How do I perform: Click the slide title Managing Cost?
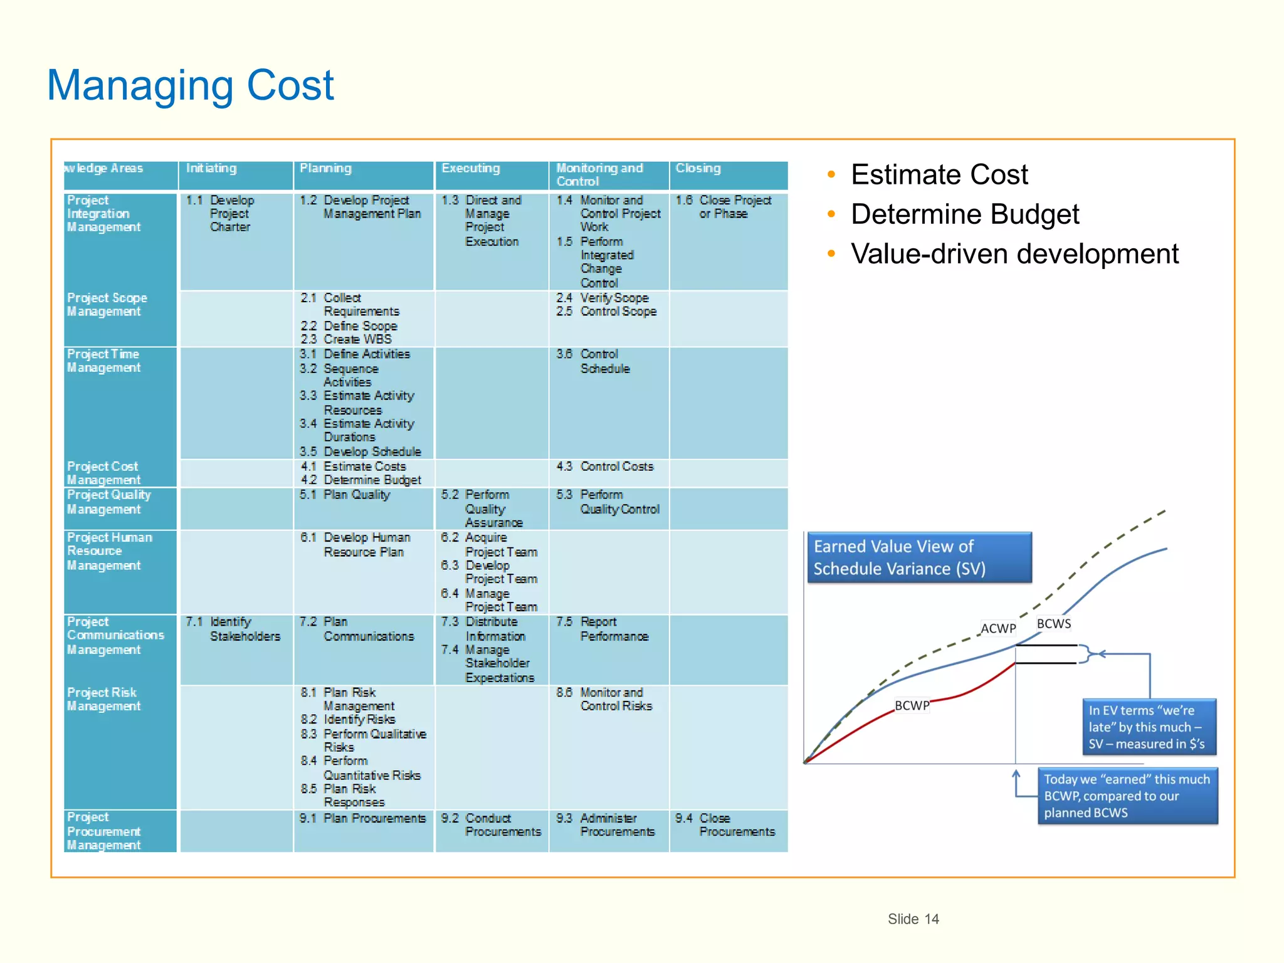191,85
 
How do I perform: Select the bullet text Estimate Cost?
939,174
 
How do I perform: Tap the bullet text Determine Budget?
964,214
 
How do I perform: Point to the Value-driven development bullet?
1014,254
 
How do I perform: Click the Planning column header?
325,168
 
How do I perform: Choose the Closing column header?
698,168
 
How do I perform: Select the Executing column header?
470,168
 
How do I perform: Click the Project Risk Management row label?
103,699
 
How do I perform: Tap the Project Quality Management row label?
108,502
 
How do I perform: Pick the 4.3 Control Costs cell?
605,466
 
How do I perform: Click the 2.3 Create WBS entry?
346,339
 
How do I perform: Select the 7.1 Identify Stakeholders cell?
233,629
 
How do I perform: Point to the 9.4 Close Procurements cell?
725,825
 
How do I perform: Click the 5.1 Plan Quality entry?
345,495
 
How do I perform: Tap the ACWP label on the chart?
997,628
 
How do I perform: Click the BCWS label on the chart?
1053,624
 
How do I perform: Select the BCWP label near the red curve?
912,705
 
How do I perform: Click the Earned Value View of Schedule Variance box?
918,557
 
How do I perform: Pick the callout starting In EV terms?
1149,727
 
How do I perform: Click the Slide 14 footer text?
913,919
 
